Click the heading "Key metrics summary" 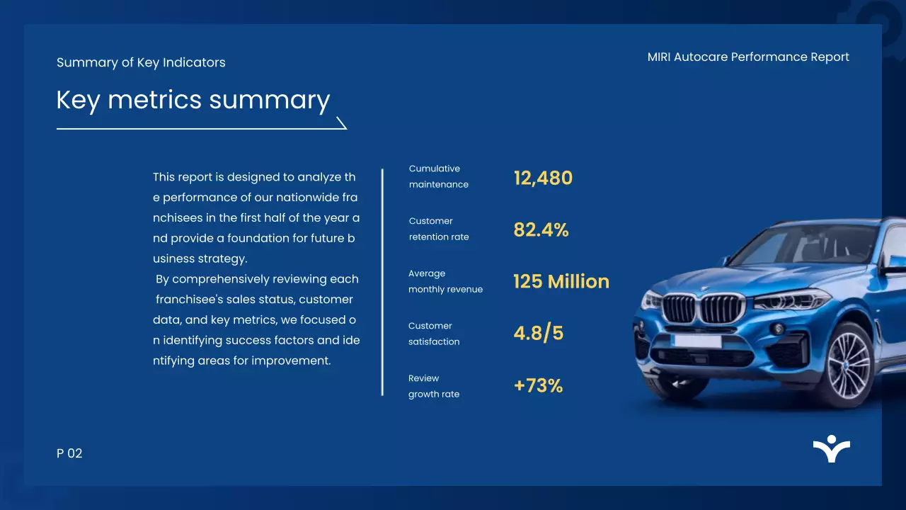pos(193,100)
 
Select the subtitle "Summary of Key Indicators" pos(141,62)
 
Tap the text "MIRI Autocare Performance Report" pos(748,57)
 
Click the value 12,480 pos(543,178)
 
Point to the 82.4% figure pos(541,229)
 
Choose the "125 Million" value pos(561,281)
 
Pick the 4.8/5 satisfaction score pos(538,333)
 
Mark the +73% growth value pos(538,385)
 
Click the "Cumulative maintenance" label pos(438,176)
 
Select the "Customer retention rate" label pos(438,229)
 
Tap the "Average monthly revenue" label pos(445,281)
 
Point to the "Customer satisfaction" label pos(433,334)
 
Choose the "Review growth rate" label pos(433,386)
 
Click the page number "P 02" pos(69,453)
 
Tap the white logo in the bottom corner pos(831,449)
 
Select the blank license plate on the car pos(697,341)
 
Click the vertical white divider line pos(382,282)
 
